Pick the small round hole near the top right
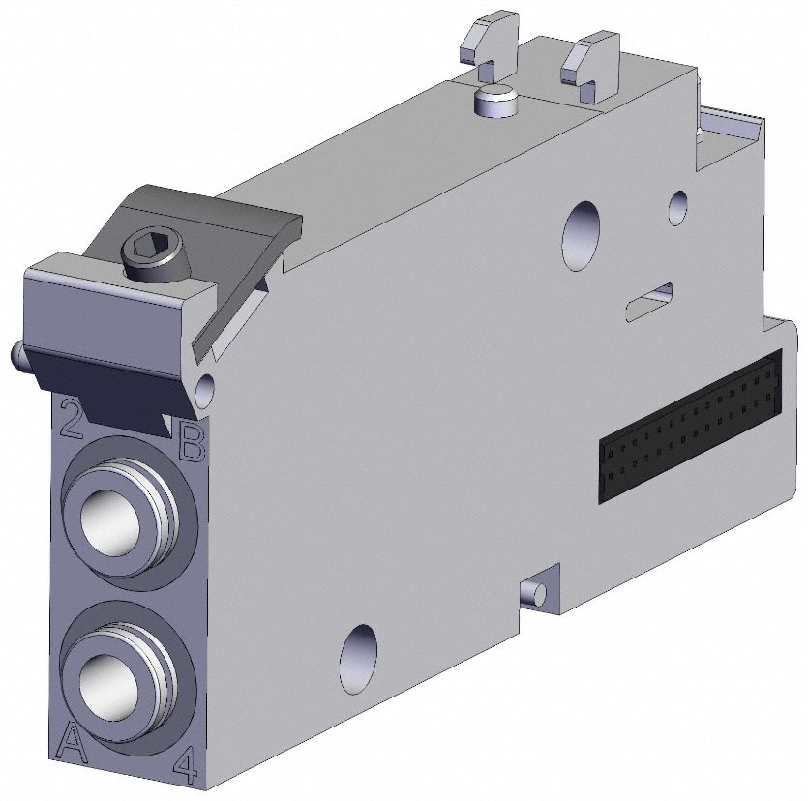point(678,203)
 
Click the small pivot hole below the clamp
point(205,390)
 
